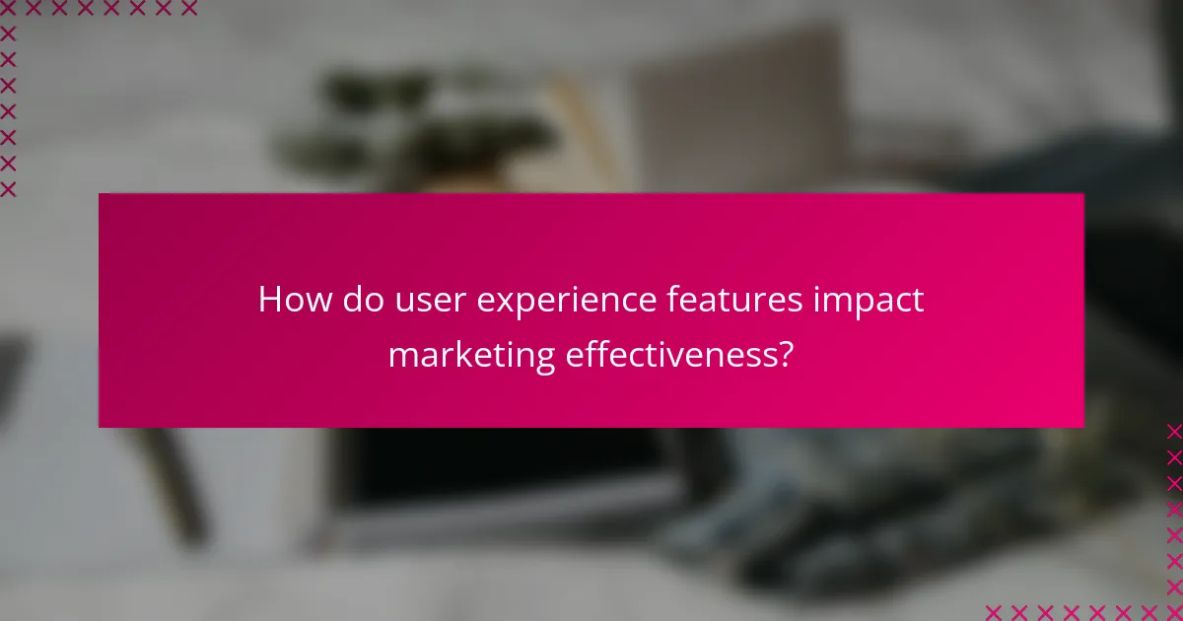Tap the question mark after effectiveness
[785, 354]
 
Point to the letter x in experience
[503, 303]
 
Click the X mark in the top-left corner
[8, 9]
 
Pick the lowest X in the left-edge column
[8, 188]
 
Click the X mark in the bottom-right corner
[1174, 612]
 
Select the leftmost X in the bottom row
[993, 612]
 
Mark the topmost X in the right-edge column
[1174, 431]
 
